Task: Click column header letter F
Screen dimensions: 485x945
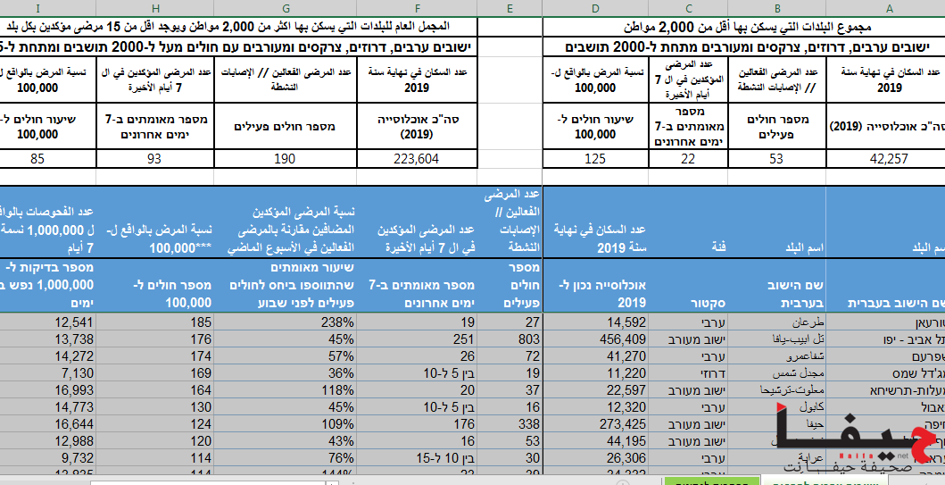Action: pos(417,8)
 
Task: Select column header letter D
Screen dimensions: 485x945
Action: pos(595,8)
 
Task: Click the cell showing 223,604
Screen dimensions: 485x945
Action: pos(417,158)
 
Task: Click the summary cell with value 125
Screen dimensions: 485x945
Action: pos(595,158)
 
